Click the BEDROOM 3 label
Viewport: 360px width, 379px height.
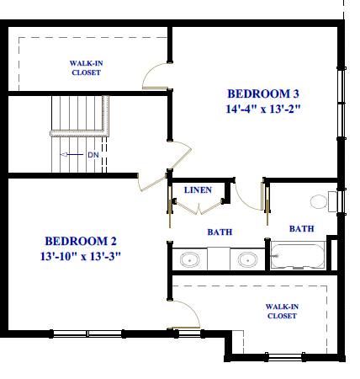[x=263, y=93]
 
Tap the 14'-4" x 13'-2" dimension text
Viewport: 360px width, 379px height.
[x=263, y=109]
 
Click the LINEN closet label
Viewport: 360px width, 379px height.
[x=198, y=190]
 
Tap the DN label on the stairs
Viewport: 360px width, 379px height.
[x=93, y=155]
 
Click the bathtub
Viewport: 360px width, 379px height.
[x=299, y=254]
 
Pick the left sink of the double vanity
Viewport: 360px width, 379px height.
[x=191, y=259]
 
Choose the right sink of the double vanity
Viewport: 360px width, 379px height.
[x=247, y=259]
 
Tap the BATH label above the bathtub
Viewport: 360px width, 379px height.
[x=301, y=228]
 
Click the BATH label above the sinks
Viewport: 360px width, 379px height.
[x=220, y=232]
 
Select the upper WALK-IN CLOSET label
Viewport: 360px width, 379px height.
[x=86, y=68]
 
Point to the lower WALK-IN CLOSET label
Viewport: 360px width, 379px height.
[x=282, y=311]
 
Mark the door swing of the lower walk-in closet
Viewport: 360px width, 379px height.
[x=185, y=315]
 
